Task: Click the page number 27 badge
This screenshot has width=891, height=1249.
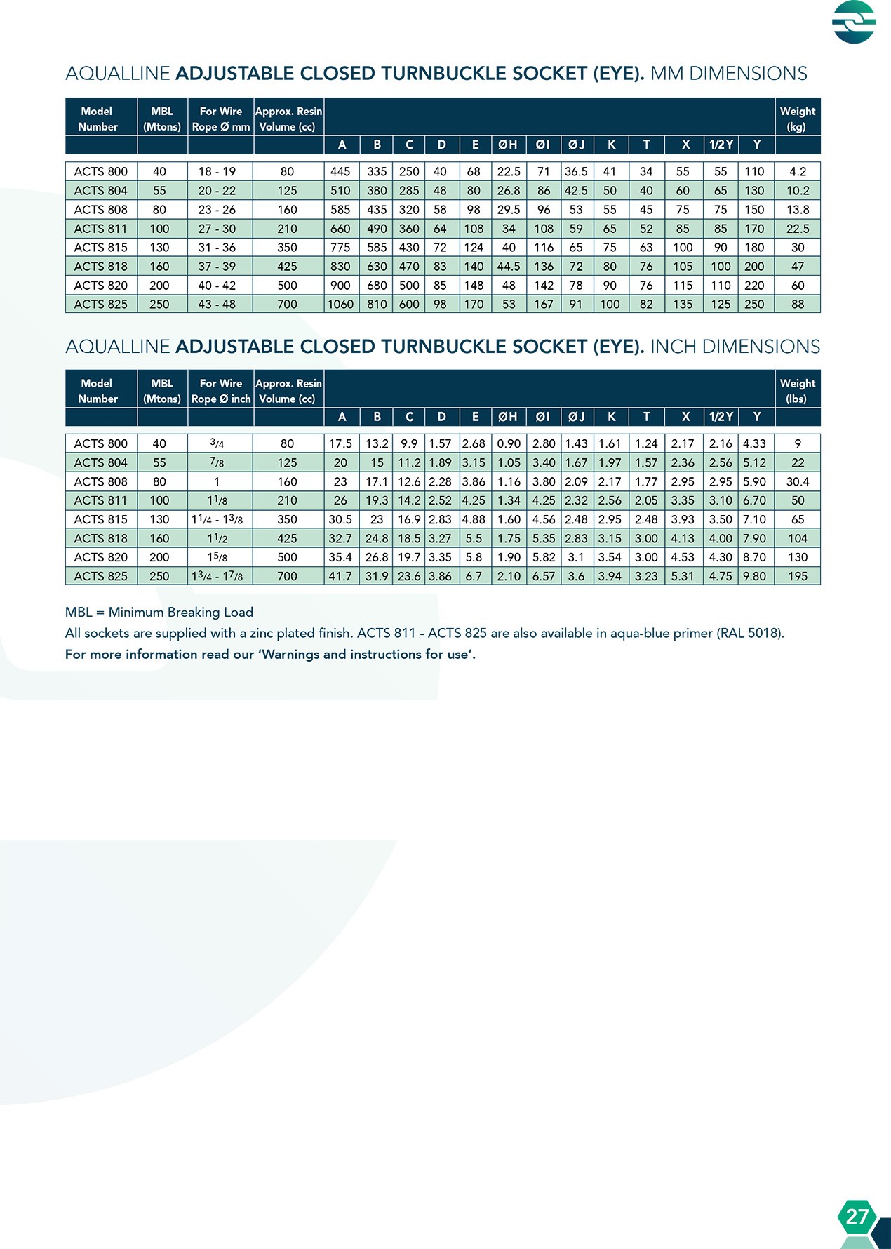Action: click(857, 1216)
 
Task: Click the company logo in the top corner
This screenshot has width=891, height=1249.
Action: click(854, 22)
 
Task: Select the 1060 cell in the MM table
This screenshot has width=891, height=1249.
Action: click(341, 305)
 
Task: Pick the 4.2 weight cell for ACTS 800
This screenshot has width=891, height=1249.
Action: click(798, 172)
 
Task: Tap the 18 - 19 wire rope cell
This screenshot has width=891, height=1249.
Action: click(217, 172)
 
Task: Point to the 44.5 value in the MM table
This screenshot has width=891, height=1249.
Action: click(509, 267)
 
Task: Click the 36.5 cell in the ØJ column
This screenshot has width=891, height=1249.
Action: click(576, 172)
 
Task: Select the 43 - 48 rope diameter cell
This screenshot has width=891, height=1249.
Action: click(217, 305)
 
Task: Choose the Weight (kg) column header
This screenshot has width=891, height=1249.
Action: click(798, 119)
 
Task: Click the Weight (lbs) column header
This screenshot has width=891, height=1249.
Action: click(798, 391)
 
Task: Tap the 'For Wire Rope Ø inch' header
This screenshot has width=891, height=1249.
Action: click(221, 391)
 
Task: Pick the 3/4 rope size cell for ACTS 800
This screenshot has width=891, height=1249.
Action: click(217, 444)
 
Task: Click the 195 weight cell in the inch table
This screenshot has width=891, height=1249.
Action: click(798, 577)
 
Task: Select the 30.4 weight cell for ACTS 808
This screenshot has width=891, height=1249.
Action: click(798, 482)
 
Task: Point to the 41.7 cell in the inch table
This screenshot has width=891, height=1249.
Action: click(341, 577)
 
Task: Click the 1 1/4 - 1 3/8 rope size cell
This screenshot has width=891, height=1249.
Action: click(217, 520)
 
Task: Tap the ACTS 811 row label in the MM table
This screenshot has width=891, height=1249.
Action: click(101, 229)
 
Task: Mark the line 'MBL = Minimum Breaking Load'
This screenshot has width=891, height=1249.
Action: click(159, 612)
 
